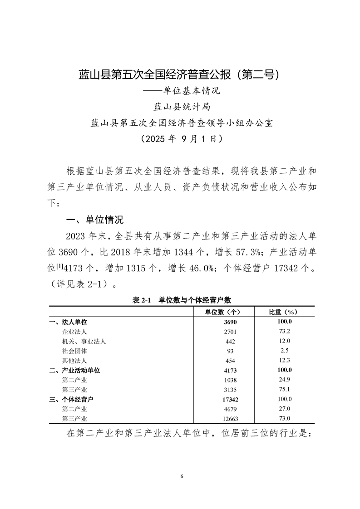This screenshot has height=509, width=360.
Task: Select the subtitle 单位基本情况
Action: [181, 91]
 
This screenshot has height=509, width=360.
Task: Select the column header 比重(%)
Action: [285, 312]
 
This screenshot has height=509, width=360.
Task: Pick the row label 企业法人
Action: [74, 332]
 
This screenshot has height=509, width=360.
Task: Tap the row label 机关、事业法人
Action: [84, 341]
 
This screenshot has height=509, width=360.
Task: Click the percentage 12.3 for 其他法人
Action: [285, 360]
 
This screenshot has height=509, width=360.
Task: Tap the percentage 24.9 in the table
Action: [285, 380]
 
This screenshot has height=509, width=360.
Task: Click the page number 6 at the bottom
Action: [181, 476]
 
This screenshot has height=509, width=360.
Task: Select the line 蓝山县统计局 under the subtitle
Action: [181, 107]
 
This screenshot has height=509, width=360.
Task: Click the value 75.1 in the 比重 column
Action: [285, 389]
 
